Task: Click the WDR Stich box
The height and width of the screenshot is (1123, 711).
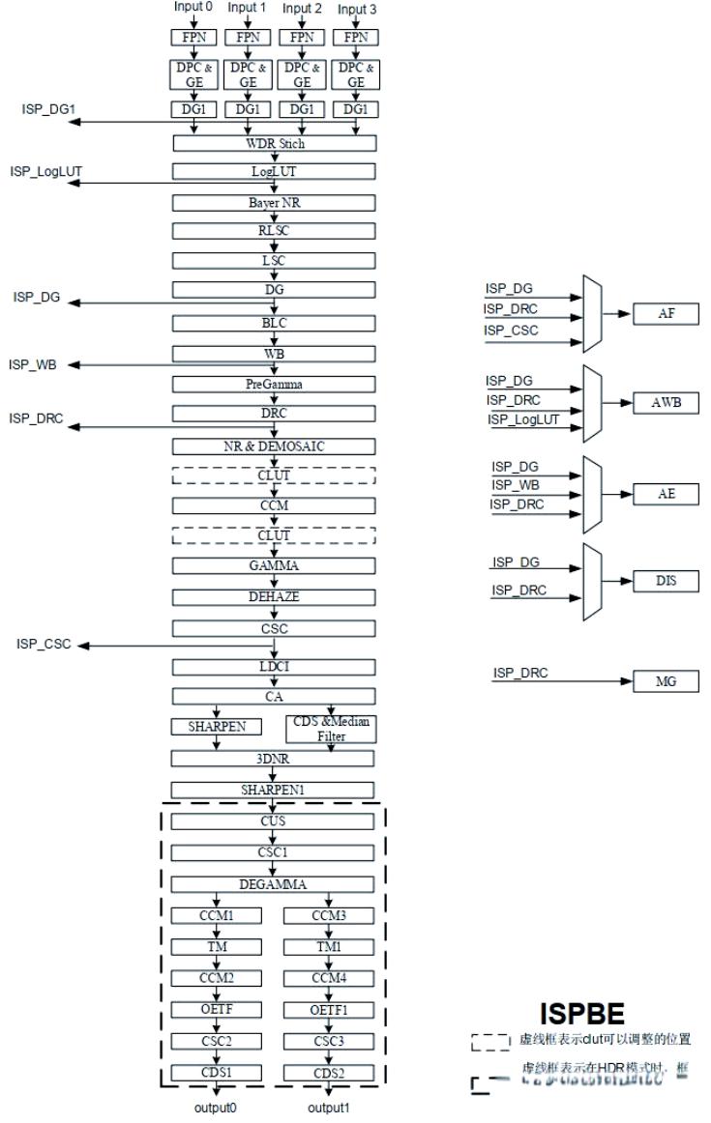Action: pos(273,144)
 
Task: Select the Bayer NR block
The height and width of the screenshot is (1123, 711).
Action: pos(273,203)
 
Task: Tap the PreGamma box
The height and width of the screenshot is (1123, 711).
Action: pos(273,384)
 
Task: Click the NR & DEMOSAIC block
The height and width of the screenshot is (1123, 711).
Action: pos(273,446)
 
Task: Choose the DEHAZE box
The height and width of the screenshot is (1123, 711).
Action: pos(273,597)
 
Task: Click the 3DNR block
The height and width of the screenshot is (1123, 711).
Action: pos(273,760)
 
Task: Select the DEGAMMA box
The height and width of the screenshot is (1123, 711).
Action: pos(273,883)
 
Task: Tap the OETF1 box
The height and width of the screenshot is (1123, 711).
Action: pos(330,1010)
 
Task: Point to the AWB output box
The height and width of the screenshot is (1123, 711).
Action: pos(666,403)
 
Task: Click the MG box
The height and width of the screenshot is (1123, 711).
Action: pos(666,681)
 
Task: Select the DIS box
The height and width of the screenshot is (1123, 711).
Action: pos(666,583)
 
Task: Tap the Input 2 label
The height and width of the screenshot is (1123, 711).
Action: pos(302,8)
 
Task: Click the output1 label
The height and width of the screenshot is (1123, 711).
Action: pos(330,1108)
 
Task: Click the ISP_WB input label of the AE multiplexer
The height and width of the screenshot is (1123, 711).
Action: pos(515,484)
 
